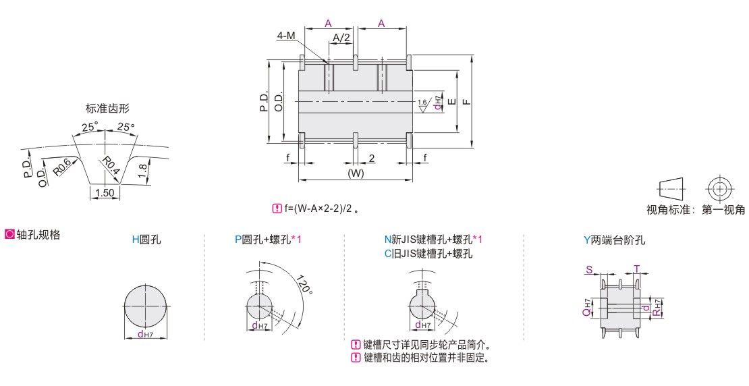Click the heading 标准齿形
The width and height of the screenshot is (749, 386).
[x=107, y=109]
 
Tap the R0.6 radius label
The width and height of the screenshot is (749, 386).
[x=62, y=167]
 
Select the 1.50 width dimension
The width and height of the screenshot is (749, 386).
[x=105, y=192]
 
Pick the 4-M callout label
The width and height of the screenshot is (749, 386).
[x=285, y=36]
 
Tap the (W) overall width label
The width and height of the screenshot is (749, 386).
[x=356, y=173]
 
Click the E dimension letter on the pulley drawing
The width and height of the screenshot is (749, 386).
[x=452, y=101]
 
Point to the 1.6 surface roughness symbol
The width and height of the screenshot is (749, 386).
[x=422, y=106]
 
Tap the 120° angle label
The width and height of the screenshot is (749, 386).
[x=304, y=285]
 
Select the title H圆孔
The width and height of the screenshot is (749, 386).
[x=146, y=240]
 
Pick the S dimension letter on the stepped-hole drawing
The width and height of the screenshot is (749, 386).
[x=589, y=270]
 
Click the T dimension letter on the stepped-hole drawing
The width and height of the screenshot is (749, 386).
[x=636, y=269]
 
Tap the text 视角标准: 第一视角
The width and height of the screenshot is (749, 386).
[x=696, y=210]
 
